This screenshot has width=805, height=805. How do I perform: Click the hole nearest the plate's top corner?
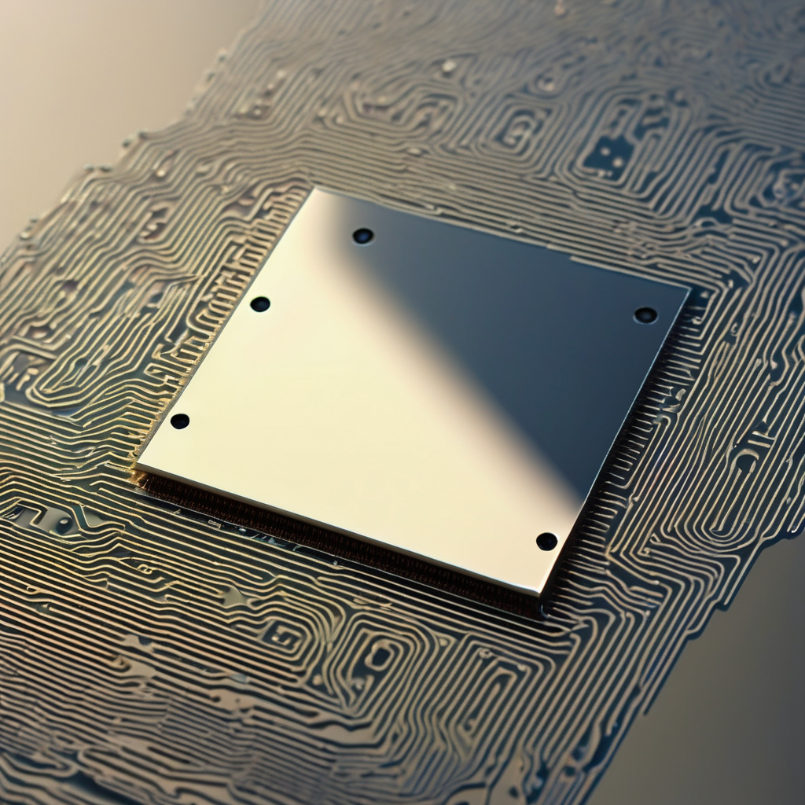click(x=362, y=236)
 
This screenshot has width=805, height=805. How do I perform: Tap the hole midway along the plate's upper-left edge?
click(x=260, y=304)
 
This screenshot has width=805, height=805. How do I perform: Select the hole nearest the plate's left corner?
click(x=180, y=421)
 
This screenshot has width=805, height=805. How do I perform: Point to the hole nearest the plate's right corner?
click(x=645, y=315)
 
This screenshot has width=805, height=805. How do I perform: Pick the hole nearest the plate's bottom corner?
click(x=546, y=541)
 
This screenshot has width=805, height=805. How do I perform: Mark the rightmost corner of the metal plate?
click(x=689, y=288)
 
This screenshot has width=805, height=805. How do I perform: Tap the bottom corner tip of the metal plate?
click(x=541, y=595)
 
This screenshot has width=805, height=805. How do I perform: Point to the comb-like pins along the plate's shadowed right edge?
click(x=629, y=440)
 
